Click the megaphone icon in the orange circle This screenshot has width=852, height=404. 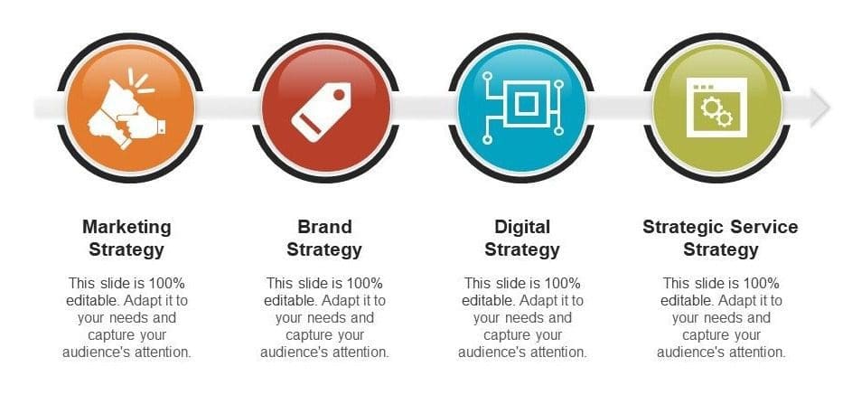point(126,109)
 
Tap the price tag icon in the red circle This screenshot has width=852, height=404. point(321,112)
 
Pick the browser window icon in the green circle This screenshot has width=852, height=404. point(716,108)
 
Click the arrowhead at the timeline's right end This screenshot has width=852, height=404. point(820,108)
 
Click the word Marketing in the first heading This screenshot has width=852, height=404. point(126,227)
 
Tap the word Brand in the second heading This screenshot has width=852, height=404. point(325,226)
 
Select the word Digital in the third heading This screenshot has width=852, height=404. point(522,227)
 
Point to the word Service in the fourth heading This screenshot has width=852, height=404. point(764,226)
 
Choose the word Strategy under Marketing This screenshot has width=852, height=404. point(126,250)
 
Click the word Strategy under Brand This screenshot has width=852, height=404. point(324,250)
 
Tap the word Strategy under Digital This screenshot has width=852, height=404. point(522,250)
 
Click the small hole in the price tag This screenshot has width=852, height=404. point(339,95)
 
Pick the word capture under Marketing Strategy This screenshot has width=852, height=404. point(108,335)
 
